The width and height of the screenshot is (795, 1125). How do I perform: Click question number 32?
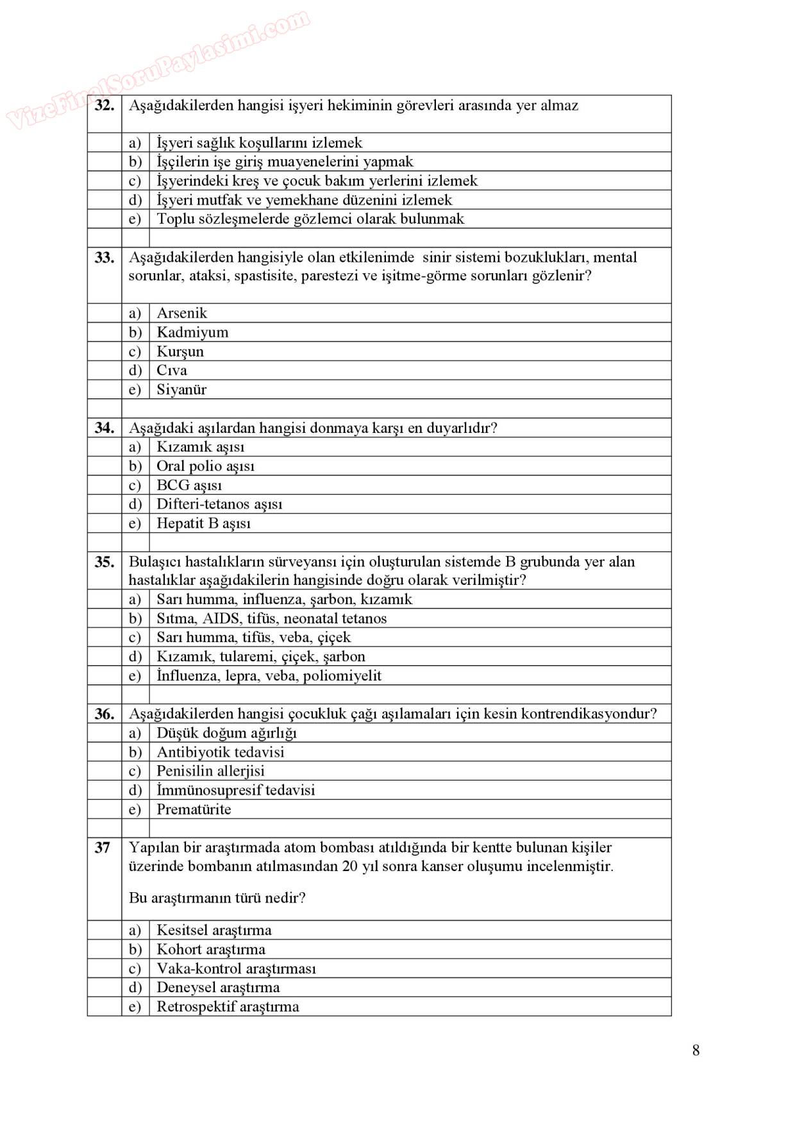(104, 106)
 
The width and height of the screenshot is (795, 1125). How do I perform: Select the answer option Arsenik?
(182, 313)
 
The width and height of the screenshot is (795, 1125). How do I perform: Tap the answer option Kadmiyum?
(192, 332)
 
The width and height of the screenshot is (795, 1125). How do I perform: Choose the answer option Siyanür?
(181, 389)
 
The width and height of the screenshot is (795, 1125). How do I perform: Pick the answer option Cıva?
(172, 370)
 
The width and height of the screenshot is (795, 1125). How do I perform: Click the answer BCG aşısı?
(189, 485)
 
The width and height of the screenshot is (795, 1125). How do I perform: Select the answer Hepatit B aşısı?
(204, 523)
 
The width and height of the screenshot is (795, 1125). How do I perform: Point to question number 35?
(104, 562)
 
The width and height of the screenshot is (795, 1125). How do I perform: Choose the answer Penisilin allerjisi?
(210, 771)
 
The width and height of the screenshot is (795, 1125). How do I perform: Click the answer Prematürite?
(194, 809)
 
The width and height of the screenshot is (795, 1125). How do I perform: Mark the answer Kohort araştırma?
(211, 949)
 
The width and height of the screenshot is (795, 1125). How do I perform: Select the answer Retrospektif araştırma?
(228, 1006)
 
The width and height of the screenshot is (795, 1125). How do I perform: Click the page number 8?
(696, 1051)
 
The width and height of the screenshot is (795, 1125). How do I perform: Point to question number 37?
(103, 848)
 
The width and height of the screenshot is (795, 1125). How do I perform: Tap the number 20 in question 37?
(349, 867)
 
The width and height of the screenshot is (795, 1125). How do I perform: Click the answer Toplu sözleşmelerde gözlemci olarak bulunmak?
(310, 219)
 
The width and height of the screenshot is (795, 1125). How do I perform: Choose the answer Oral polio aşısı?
(205, 466)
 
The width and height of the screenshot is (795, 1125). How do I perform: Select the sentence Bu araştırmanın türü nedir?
(217, 898)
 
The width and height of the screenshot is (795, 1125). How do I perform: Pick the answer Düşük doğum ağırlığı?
(226, 733)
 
